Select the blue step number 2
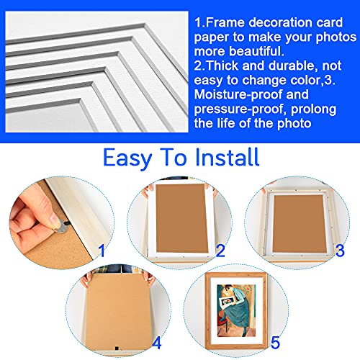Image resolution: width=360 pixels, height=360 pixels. pos(220,251)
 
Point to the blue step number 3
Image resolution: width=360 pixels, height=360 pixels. pos(338,251)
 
